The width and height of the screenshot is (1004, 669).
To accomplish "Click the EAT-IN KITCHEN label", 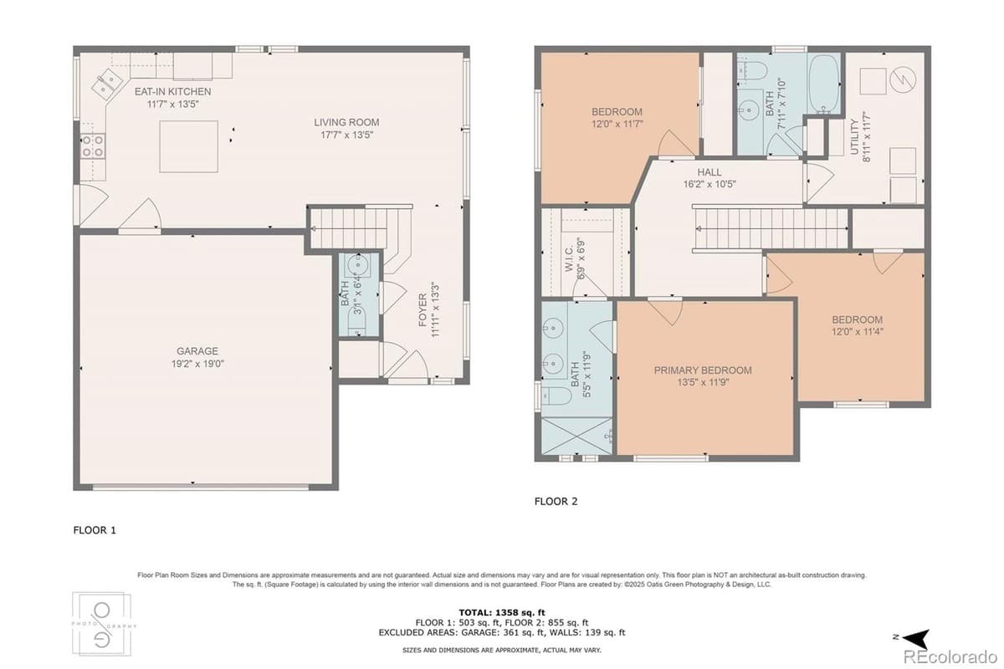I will [173, 91].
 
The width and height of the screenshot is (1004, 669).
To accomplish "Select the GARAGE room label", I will [197, 351].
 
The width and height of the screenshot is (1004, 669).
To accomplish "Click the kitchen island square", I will [188, 146].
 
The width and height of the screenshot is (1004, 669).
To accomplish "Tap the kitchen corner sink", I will [105, 82].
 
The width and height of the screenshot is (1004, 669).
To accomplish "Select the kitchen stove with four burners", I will [93, 146].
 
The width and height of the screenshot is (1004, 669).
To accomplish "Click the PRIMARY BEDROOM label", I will [703, 370].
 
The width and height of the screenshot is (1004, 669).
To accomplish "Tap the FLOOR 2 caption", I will [556, 502].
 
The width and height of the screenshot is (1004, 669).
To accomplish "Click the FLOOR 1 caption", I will [95, 529].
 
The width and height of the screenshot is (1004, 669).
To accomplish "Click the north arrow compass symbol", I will [916, 638].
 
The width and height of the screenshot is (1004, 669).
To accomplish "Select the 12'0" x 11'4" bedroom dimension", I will [857, 331].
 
